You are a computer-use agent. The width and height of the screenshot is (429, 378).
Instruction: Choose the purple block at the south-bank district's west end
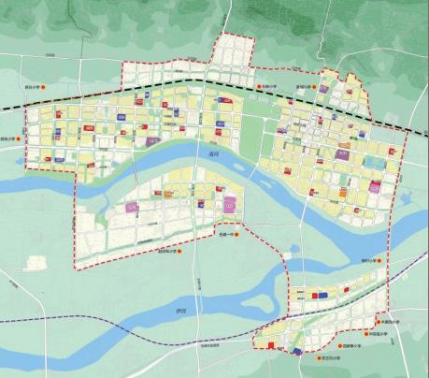pyautogui.click(x=131, y=208)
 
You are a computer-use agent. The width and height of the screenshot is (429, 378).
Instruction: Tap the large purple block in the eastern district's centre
pyautogui.click(x=342, y=156)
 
